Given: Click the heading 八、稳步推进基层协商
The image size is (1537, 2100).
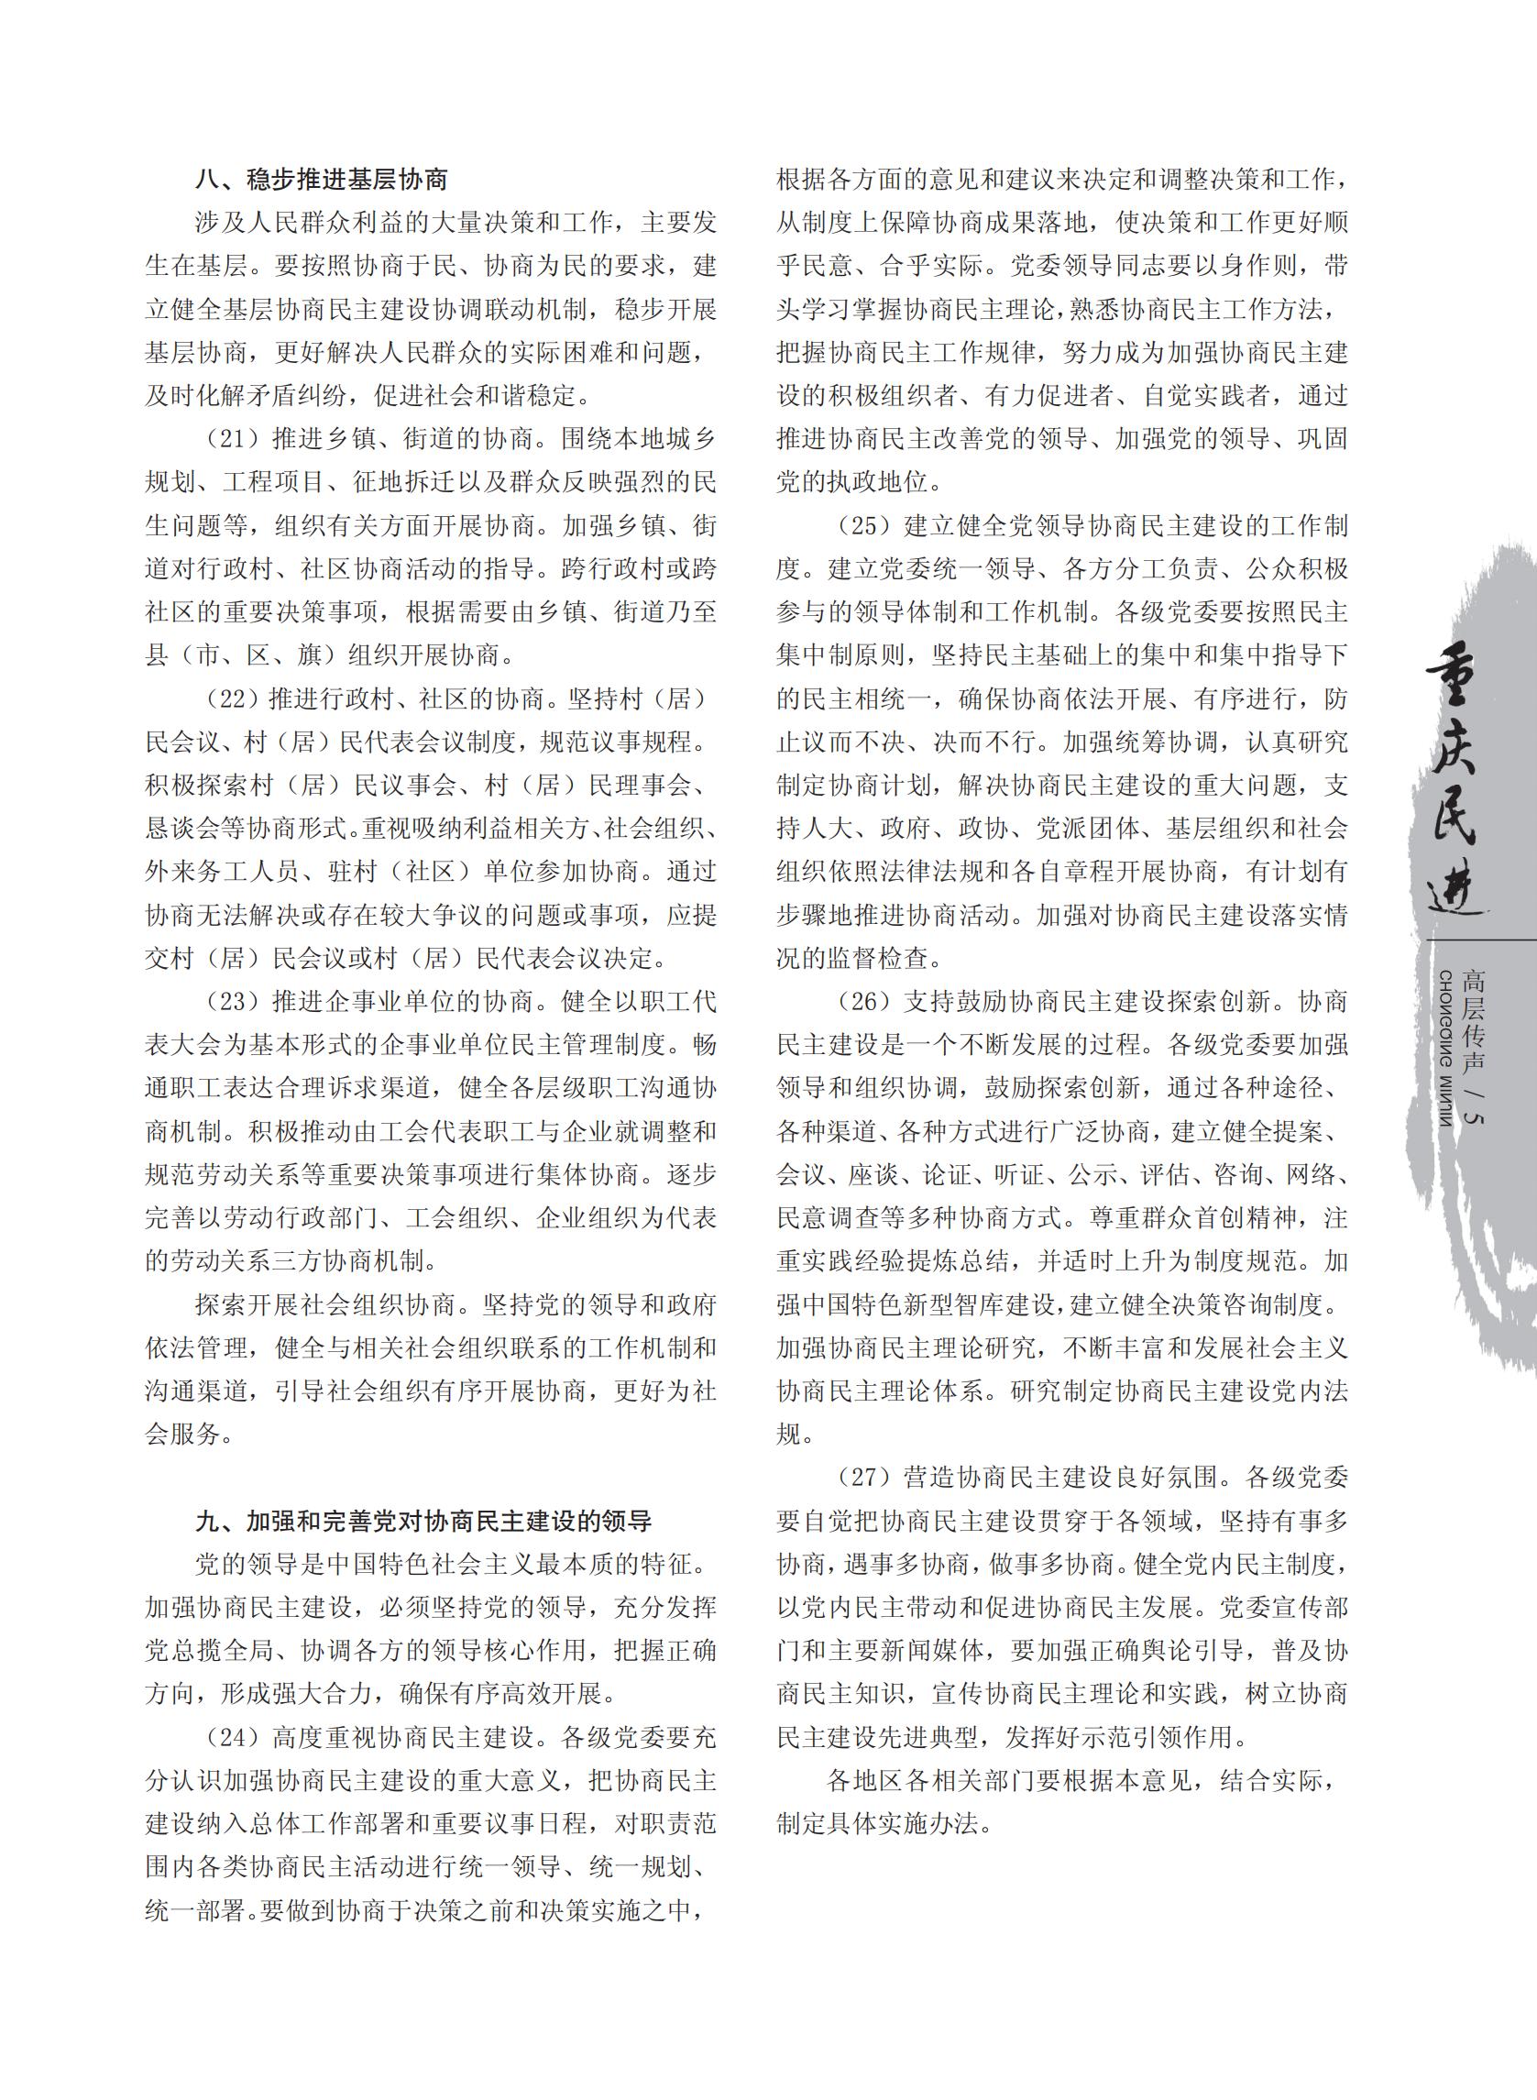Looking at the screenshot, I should tap(321, 179).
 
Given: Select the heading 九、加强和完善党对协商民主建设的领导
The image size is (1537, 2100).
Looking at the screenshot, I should tap(423, 1522).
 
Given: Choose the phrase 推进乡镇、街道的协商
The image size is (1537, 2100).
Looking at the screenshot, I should tap(402, 439).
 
